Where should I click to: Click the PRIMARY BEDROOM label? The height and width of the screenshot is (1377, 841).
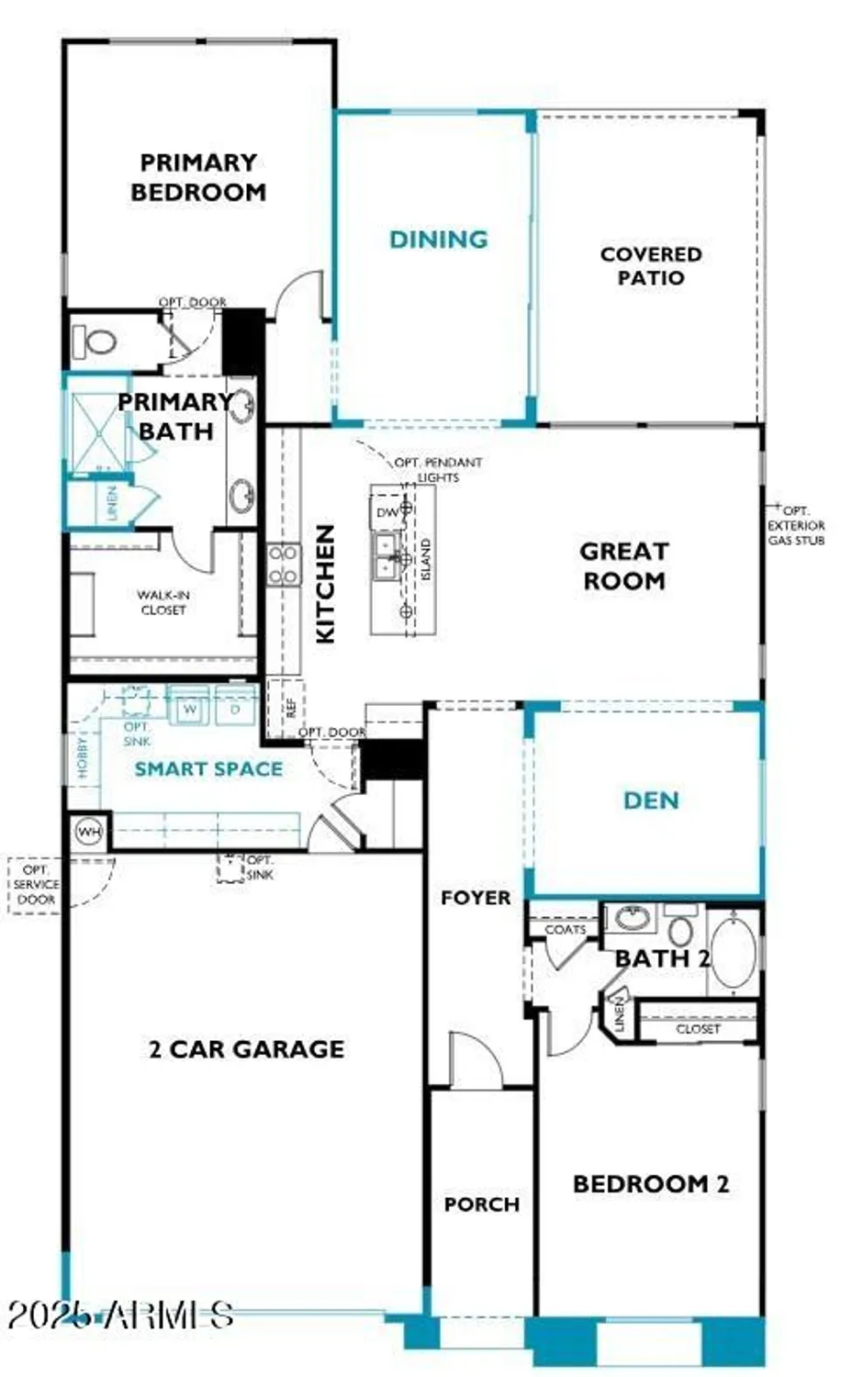(198, 177)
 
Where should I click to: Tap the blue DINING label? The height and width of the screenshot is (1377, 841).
(438, 240)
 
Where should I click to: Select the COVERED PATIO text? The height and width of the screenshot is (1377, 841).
(650, 265)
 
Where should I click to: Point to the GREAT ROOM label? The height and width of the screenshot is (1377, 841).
(623, 565)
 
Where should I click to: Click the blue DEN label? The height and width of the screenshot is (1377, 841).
(650, 800)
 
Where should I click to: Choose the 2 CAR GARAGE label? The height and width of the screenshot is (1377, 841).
(246, 1048)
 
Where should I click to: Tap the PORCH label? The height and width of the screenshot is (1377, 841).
(481, 1203)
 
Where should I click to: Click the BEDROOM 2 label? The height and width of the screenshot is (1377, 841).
(650, 1183)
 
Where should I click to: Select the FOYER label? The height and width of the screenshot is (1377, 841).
(475, 897)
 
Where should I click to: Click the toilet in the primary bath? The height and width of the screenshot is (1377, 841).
(95, 342)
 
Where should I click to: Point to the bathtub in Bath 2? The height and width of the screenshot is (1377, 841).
(734, 954)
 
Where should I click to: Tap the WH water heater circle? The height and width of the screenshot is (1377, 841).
(89, 833)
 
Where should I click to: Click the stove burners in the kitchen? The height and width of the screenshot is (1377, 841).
(283, 565)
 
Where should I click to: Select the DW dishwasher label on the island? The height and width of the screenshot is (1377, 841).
(387, 512)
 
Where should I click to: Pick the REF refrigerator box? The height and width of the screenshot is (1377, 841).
(288, 707)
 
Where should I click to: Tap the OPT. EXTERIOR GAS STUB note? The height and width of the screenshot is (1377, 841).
(796, 525)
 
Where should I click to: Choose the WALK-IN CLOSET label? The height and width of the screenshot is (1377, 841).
(163, 602)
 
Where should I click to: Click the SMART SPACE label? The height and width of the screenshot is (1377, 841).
(208, 769)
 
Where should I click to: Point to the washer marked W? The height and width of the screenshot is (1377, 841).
(190, 710)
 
